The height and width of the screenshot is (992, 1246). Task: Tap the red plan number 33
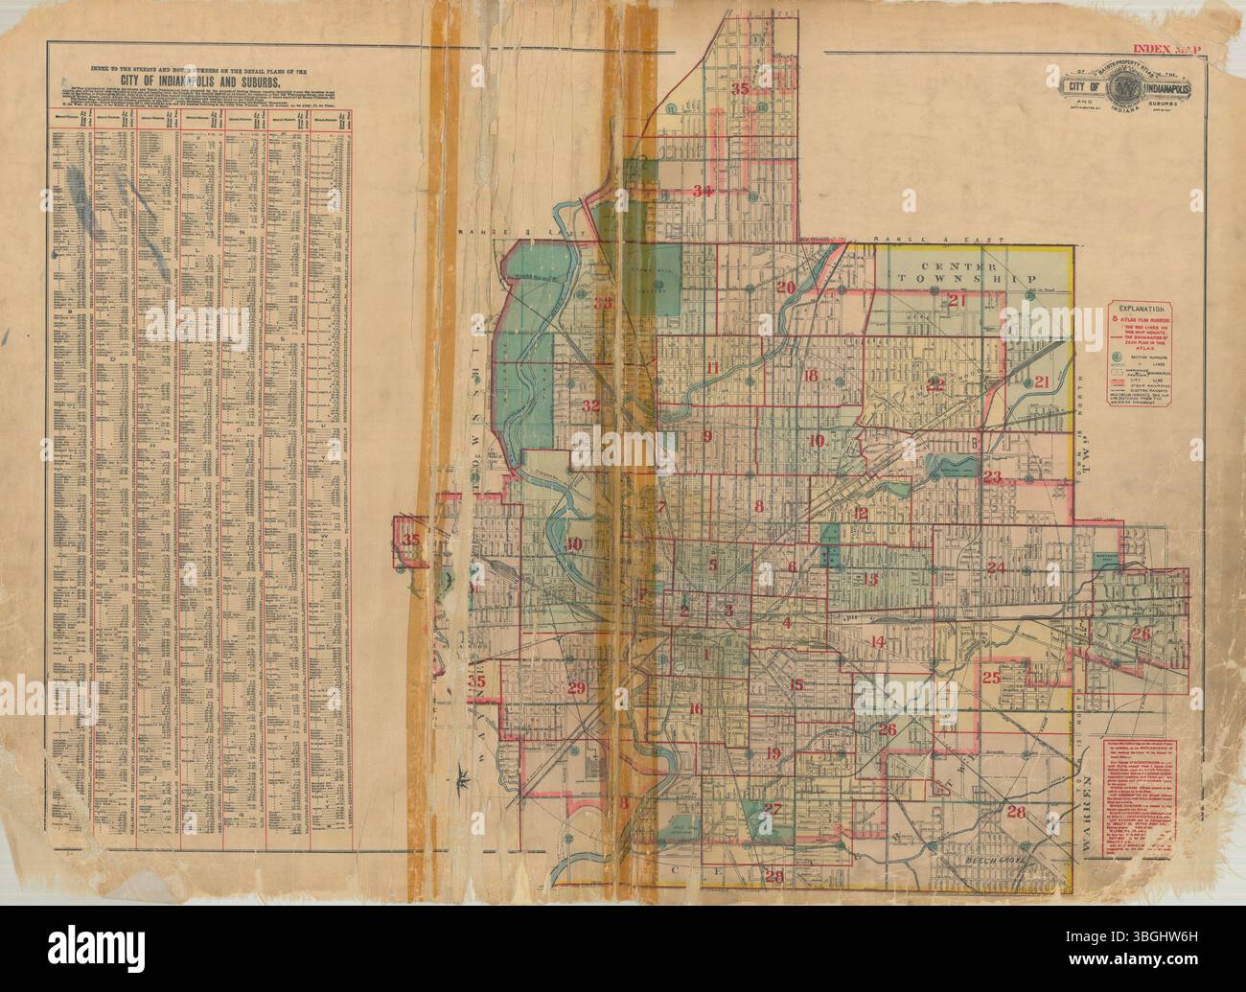coord(604,304)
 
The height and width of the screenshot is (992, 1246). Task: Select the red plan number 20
coord(786,288)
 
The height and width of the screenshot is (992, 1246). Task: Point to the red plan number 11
coord(711,368)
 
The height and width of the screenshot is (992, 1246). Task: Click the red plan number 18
coord(811,375)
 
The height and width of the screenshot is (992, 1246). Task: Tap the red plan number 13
coord(870,578)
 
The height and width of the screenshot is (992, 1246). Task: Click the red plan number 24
coord(996,567)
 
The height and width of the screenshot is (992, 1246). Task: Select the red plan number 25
coord(992,678)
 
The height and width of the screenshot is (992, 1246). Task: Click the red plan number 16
coord(695,709)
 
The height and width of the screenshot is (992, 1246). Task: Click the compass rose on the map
coord(464,774)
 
